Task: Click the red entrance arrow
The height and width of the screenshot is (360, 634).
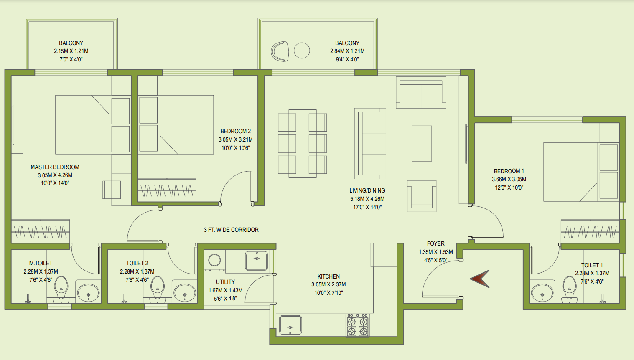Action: [480, 279]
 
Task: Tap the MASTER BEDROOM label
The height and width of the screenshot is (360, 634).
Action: [55, 167]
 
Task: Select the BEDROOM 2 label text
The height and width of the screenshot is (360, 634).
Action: [236, 131]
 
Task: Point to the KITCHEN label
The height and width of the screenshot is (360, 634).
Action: [328, 276]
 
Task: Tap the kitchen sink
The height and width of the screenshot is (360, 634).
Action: [290, 325]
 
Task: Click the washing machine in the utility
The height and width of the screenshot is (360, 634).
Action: [214, 260]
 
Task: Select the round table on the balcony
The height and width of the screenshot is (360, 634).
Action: [302, 51]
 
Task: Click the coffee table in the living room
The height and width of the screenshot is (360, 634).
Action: [422, 143]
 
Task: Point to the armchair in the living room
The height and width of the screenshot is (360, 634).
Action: [422, 196]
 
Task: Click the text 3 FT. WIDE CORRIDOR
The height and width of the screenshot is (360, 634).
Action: [231, 230]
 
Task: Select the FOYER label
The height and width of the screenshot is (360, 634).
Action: [435, 243]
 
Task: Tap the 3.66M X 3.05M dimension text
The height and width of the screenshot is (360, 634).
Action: [509, 179]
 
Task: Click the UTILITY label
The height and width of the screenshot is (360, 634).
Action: [225, 282]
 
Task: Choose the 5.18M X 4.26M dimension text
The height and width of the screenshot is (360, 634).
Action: [367, 199]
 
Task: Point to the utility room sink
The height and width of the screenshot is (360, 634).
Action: [257, 260]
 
